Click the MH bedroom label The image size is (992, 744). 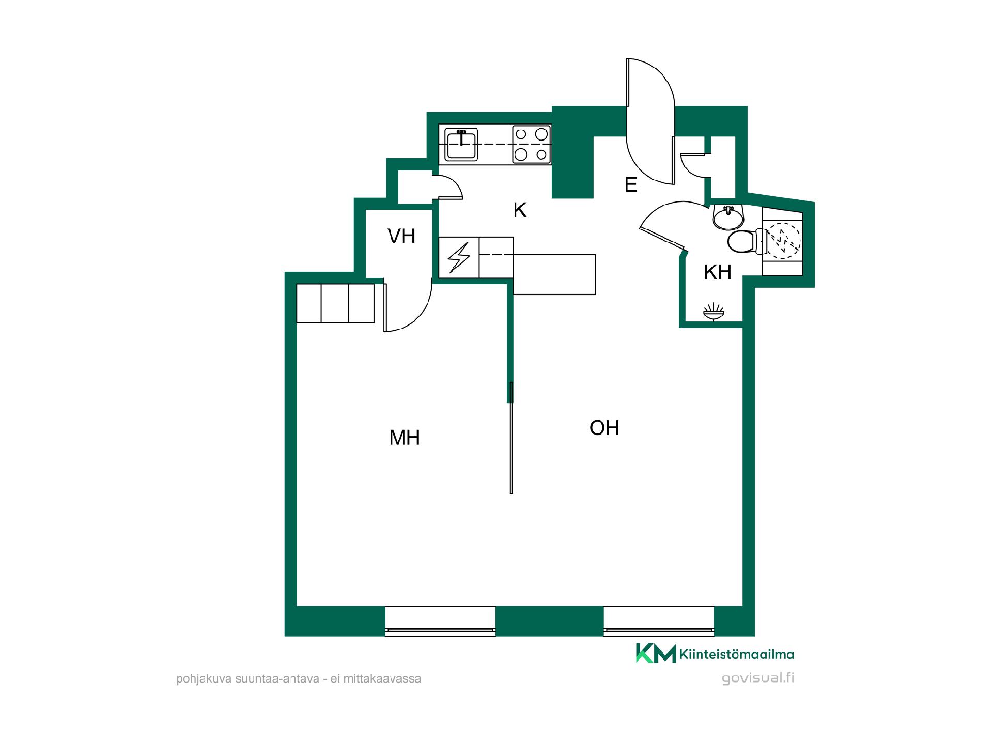coord(404,438)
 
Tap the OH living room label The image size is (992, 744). coord(604,427)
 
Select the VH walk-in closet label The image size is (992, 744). coord(401,236)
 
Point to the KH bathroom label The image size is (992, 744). coord(718,272)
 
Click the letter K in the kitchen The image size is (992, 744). coord(520,210)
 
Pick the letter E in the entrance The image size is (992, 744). coord(631,184)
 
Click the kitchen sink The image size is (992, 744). coord(461,144)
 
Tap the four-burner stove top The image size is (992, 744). coord(531,144)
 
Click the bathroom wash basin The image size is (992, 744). coord(729,217)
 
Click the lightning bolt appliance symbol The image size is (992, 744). coord(459,257)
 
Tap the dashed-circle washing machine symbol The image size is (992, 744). coord(782,240)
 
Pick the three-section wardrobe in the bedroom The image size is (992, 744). coord(335,303)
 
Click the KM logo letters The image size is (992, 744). coord(656,653)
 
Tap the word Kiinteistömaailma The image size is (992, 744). coord(737,655)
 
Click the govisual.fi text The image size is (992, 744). coord(758,678)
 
